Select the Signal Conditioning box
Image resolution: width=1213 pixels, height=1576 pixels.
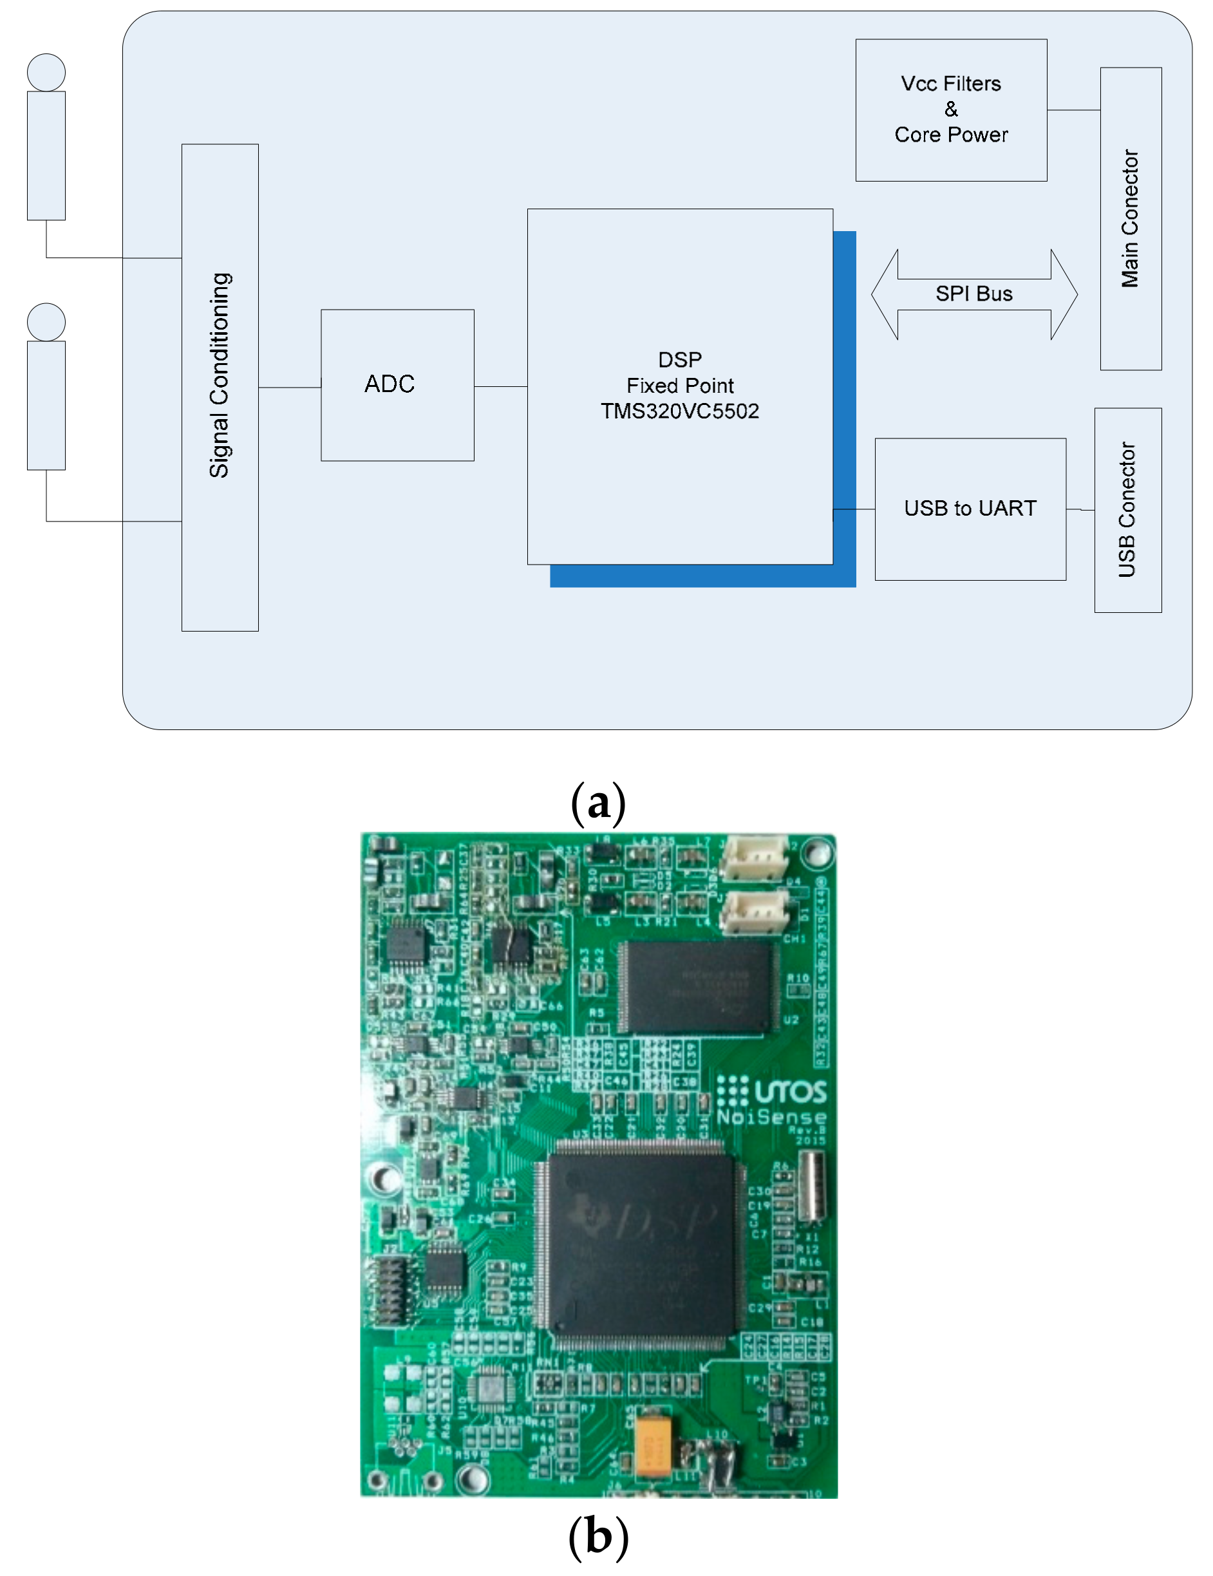(x=220, y=388)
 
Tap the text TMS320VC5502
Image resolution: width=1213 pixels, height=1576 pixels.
(x=679, y=411)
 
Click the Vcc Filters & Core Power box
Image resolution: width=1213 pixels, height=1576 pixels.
(x=950, y=109)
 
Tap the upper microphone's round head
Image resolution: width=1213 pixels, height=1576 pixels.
(x=46, y=72)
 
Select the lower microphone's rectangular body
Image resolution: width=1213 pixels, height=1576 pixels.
(x=46, y=405)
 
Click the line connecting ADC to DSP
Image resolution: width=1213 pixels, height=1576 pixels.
(x=500, y=387)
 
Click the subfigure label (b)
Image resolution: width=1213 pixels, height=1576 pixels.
(x=597, y=1536)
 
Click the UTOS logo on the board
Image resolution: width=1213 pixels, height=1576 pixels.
(x=771, y=1091)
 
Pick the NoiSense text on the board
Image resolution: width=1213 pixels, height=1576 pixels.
(x=770, y=1118)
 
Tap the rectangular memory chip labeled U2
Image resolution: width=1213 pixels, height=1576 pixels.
(x=697, y=986)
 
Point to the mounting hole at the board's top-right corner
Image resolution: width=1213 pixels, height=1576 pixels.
(x=817, y=852)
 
